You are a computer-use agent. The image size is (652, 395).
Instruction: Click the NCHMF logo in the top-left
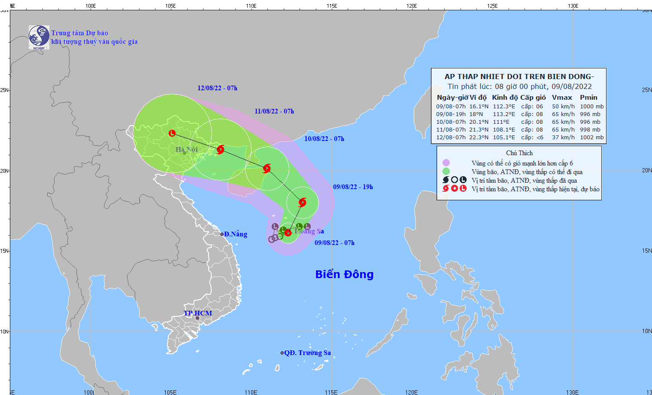(39, 37)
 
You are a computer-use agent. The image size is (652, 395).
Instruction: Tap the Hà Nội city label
(187, 150)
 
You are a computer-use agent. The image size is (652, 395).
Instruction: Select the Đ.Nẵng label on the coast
(235, 234)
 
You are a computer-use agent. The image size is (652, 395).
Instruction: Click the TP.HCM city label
(198, 313)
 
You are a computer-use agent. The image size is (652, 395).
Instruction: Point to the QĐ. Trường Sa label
(307, 353)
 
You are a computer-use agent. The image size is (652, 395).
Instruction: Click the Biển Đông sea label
(344, 274)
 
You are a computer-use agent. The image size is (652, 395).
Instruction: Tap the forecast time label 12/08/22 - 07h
(217, 88)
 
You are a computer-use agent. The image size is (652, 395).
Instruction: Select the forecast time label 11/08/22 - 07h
(274, 111)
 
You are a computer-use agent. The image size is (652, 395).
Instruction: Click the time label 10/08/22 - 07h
(324, 139)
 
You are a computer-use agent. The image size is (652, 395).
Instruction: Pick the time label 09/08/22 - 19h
(353, 187)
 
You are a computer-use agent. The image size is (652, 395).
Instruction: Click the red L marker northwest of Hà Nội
(172, 133)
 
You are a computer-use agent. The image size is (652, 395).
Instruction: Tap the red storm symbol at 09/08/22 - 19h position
(302, 202)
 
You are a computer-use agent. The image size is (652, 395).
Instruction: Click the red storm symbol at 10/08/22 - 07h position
(267, 168)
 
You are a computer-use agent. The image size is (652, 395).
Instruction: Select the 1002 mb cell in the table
(591, 138)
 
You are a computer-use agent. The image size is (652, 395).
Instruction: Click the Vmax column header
(562, 98)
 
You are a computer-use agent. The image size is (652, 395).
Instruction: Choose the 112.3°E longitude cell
(503, 107)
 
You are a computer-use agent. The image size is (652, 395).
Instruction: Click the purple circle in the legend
(446, 163)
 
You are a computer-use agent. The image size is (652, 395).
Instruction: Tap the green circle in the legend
(446, 171)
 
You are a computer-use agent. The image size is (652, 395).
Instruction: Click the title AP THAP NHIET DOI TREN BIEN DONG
(519, 77)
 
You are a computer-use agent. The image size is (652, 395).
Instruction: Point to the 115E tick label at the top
(331, 6)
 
